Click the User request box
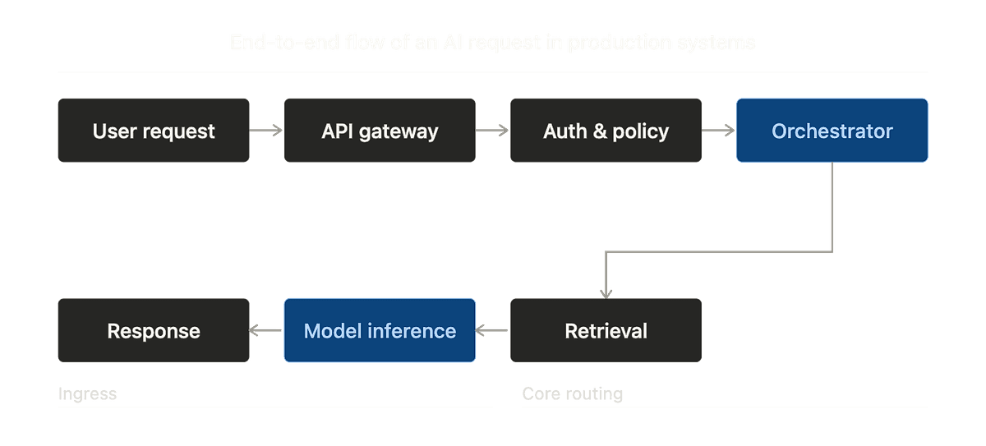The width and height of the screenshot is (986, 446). coord(154,131)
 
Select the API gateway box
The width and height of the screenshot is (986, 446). coord(380,131)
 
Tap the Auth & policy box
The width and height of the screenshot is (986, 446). coord(606,131)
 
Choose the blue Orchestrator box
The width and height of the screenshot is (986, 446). coord(832,131)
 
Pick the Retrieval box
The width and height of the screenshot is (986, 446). coord(606,331)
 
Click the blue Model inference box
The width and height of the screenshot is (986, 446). coord(380,331)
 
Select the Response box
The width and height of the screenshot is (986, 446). coord(154,331)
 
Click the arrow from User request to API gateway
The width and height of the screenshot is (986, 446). coord(266,130)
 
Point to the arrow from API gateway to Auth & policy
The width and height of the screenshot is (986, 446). coord(492,130)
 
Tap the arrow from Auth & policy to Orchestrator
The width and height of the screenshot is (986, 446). coord(718,130)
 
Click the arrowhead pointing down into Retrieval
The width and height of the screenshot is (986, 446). coord(606,291)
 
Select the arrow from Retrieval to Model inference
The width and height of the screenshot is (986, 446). coord(492,331)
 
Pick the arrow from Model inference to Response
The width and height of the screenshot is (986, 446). coord(266,331)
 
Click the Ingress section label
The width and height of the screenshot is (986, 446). coord(87,394)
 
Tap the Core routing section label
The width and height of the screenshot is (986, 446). coord(572,394)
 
